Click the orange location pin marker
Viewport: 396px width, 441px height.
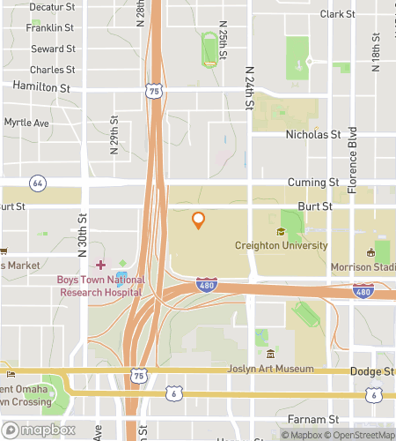point(199,220)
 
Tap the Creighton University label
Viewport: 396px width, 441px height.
point(281,246)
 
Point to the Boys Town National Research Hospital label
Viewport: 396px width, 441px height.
point(99,286)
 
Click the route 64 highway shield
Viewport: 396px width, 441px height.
point(37,183)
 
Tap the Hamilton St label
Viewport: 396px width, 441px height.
point(41,87)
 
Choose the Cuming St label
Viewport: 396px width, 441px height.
point(313,183)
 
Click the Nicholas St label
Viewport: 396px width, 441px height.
point(313,135)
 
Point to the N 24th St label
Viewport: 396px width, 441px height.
point(250,89)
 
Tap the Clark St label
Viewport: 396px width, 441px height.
point(337,14)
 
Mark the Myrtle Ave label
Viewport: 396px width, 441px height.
point(26,123)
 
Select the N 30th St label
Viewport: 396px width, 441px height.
point(83,235)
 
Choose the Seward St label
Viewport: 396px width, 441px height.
point(52,49)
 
